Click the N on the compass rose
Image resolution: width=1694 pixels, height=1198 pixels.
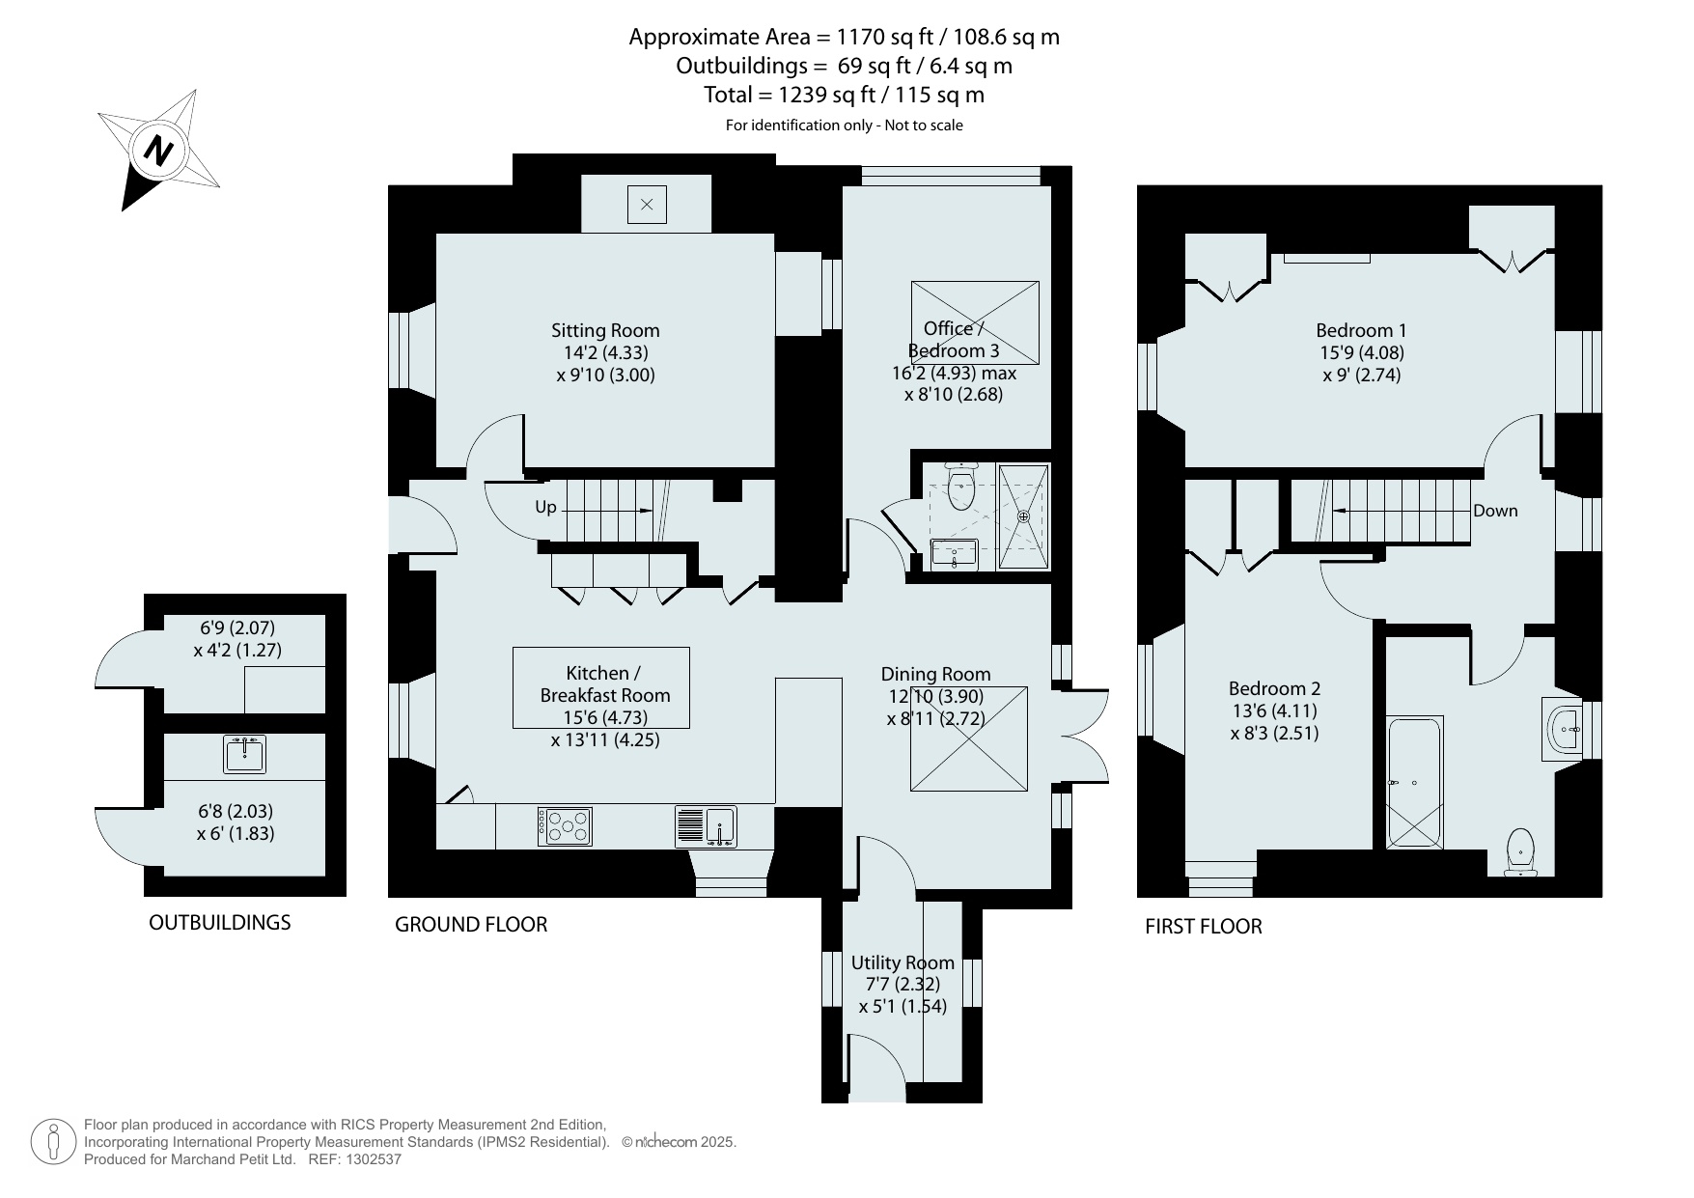click(x=158, y=150)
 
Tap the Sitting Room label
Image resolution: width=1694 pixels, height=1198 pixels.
click(x=605, y=330)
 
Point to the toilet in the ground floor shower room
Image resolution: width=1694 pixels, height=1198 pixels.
click(x=961, y=488)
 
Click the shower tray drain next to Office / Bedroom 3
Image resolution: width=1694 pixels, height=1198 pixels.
click(x=1023, y=516)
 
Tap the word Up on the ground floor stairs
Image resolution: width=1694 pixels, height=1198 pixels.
click(x=545, y=507)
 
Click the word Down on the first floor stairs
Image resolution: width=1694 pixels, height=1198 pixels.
click(x=1495, y=511)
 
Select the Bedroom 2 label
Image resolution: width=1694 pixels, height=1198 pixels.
click(x=1274, y=688)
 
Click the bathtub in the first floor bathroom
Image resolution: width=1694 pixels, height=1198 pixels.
click(x=1414, y=782)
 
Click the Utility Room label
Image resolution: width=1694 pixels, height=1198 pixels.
click(x=903, y=962)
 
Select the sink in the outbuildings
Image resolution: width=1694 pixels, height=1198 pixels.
click(x=244, y=754)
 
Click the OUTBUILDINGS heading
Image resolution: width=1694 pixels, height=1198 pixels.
click(x=219, y=923)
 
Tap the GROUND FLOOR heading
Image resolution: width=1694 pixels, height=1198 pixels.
click(x=471, y=925)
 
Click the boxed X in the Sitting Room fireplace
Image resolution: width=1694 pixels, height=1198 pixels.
click(x=647, y=205)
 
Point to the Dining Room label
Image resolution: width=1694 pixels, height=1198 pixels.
click(x=935, y=674)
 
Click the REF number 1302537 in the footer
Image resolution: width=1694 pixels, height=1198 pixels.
click(x=368, y=1159)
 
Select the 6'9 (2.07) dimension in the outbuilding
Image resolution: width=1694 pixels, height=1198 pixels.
click(x=237, y=628)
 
